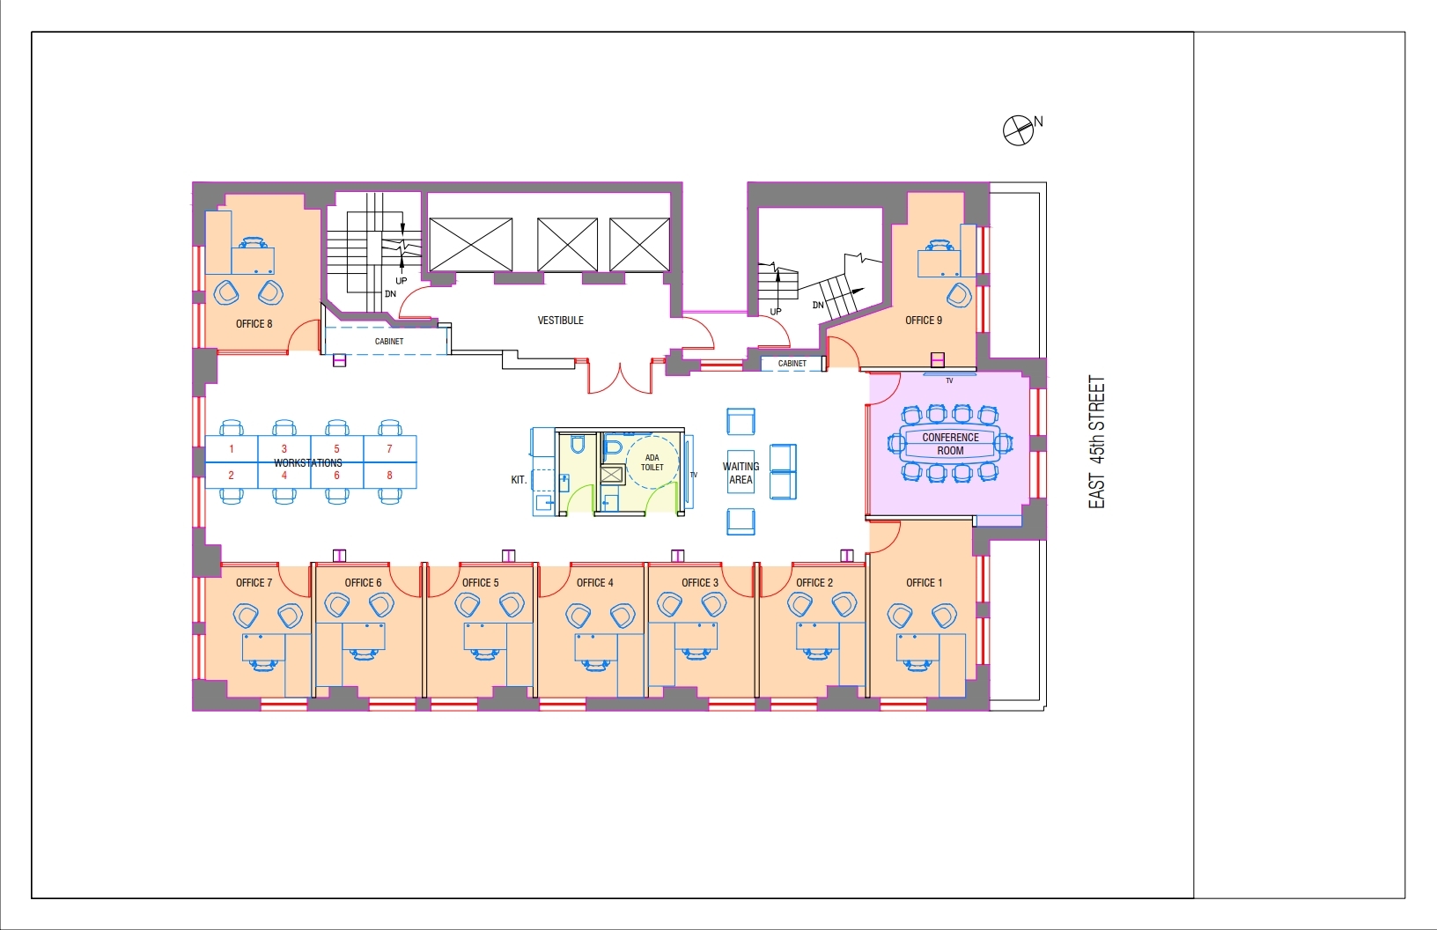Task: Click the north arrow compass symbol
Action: click(1018, 130)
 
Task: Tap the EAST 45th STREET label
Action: click(1097, 442)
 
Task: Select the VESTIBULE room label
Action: click(560, 321)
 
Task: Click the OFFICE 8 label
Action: click(254, 323)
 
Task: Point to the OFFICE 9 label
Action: click(923, 321)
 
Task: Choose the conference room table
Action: click(950, 444)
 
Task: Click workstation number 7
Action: click(389, 448)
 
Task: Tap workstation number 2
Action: click(231, 475)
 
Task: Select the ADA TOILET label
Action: click(652, 462)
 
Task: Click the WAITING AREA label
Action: click(741, 473)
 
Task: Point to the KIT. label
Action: click(519, 479)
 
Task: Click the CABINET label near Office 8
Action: click(389, 342)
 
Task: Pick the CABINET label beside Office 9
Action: click(792, 363)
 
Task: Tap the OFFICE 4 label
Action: click(594, 583)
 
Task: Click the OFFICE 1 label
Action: click(924, 583)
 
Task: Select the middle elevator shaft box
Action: click(567, 245)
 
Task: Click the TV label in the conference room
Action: click(949, 380)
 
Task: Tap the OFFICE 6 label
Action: click(363, 583)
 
